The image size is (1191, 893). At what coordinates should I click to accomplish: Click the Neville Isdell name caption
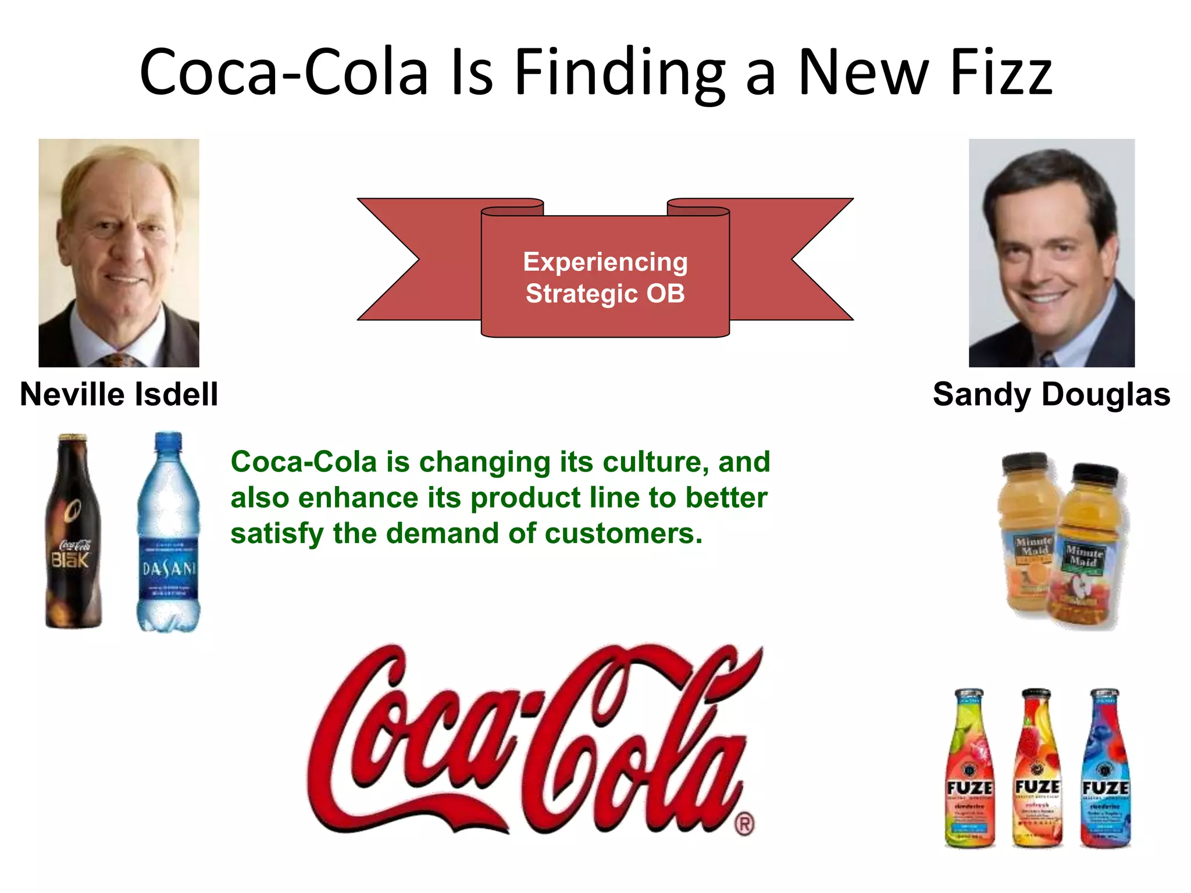tap(119, 394)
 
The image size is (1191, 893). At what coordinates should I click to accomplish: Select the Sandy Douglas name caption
tap(1051, 394)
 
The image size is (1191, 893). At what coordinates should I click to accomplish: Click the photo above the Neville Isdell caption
tap(119, 253)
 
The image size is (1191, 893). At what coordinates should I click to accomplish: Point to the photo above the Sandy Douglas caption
tap(1051, 253)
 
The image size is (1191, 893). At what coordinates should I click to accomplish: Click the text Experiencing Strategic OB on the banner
tap(605, 277)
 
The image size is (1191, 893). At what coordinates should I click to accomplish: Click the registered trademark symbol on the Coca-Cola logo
tap(745, 824)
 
